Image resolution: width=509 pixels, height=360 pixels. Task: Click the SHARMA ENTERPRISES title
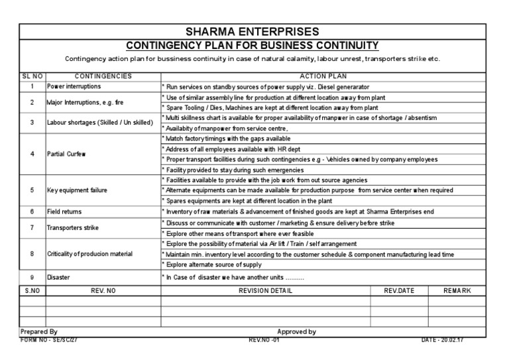click(255, 31)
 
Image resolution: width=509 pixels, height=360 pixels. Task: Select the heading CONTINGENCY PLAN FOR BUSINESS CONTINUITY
click(252, 45)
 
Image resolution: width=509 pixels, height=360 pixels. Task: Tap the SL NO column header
click(32, 76)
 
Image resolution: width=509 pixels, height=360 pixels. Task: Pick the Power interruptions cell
click(75, 87)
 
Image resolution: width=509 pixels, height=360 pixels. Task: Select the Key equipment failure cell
click(78, 190)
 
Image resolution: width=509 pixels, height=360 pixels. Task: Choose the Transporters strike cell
click(73, 227)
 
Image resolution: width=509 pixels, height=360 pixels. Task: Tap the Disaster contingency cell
click(58, 277)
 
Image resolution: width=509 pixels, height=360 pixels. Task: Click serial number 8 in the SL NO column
click(32, 254)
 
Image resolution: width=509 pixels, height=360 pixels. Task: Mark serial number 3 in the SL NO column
click(32, 123)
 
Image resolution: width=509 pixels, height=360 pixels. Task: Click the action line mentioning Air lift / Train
click(261, 244)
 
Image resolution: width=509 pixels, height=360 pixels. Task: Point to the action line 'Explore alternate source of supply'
click(217, 265)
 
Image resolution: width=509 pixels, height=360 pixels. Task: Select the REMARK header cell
click(458, 291)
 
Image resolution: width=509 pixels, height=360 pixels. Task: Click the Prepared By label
click(39, 331)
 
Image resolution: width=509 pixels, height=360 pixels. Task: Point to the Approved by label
click(296, 331)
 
